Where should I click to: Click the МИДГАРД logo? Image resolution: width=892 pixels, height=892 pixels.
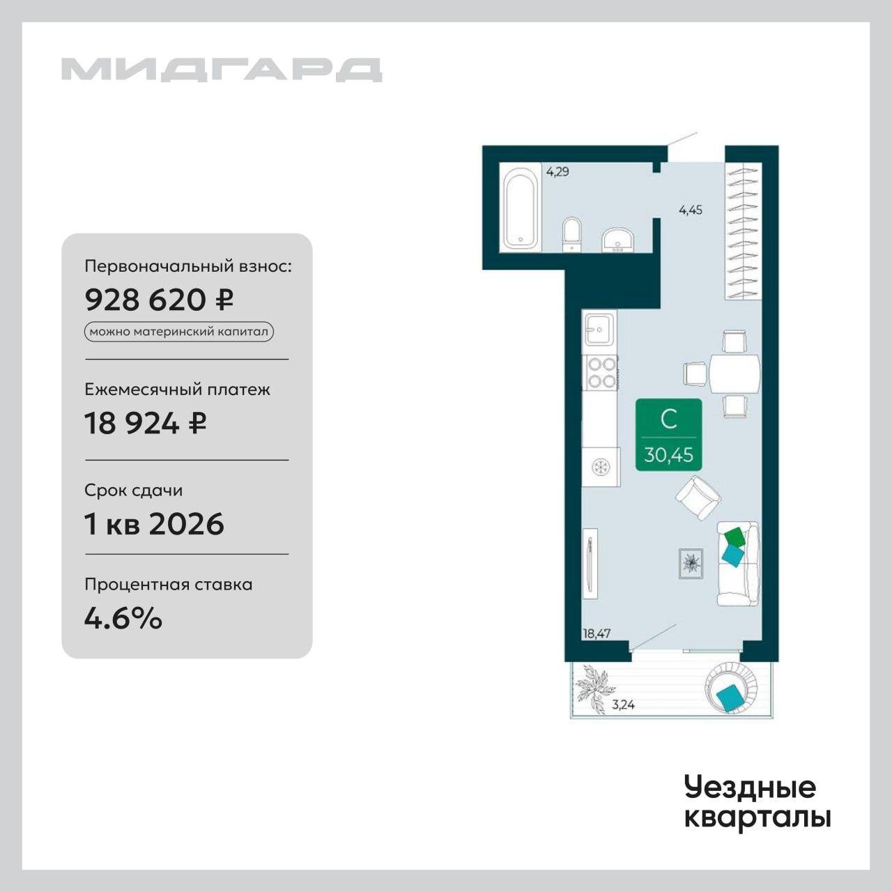(x=222, y=70)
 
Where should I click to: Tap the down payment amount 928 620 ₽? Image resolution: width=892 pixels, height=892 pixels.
(x=159, y=300)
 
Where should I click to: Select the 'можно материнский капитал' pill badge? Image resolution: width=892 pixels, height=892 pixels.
(x=178, y=332)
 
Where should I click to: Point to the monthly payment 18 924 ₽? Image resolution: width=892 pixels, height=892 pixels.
(x=145, y=423)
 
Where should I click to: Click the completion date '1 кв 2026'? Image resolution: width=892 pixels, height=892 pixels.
(x=154, y=524)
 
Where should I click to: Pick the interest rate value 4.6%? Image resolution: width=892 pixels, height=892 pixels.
(x=123, y=618)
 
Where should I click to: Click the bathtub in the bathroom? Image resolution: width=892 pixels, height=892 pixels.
(x=523, y=208)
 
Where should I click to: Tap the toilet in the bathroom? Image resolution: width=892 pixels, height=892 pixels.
(x=572, y=235)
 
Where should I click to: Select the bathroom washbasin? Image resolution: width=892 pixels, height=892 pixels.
(x=618, y=240)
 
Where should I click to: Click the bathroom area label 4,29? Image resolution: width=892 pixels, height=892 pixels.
(x=557, y=172)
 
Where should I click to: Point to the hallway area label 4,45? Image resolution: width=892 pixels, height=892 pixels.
(x=690, y=210)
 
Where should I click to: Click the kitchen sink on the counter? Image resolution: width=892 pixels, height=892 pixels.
(x=599, y=330)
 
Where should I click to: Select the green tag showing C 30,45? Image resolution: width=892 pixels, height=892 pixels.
(x=668, y=434)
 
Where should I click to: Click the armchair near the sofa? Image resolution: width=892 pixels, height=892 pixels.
(x=698, y=498)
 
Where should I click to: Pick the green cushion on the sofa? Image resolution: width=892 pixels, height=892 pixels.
(x=735, y=537)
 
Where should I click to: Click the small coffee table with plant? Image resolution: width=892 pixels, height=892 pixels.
(x=691, y=563)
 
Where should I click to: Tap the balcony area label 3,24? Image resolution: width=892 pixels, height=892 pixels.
(x=623, y=705)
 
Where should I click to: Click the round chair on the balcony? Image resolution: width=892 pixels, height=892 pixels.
(x=731, y=688)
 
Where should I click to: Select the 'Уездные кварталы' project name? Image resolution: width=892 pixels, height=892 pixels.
(x=758, y=805)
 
